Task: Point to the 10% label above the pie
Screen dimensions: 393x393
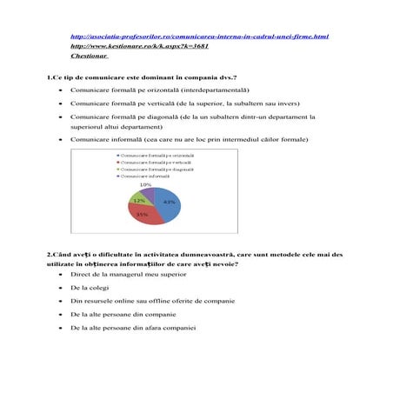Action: [145, 184]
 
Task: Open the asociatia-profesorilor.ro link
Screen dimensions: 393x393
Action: [198, 37]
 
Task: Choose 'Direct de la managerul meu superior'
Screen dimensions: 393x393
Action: [128, 273]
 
